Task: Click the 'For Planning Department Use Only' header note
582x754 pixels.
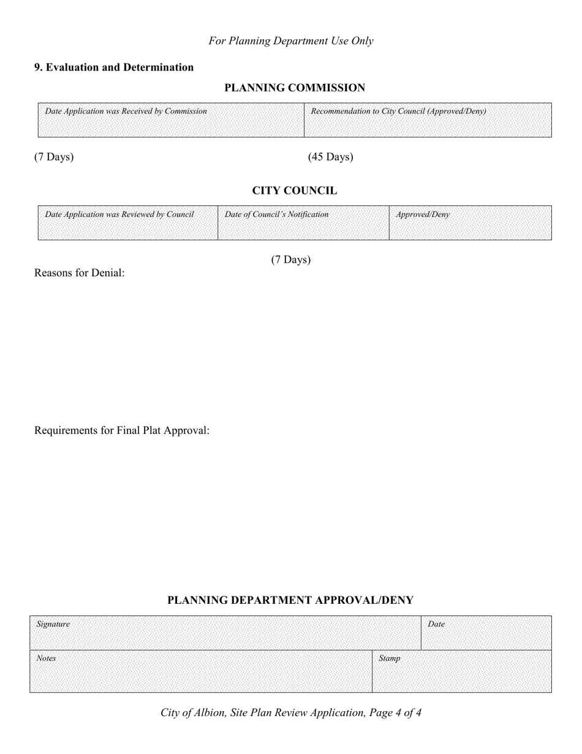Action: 290,41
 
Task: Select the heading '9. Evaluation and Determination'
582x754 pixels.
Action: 114,67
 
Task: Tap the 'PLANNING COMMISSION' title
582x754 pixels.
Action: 295,88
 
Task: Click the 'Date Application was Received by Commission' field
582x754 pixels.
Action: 171,121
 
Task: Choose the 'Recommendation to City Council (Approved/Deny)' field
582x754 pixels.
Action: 428,121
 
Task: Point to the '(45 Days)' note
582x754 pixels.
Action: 330,157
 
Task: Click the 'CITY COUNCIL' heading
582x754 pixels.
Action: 295,191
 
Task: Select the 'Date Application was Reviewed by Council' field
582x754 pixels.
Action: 127,224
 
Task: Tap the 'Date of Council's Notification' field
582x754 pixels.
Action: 303,224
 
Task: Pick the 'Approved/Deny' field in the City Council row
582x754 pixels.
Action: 470,224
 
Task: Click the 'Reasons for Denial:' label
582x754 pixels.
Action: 80,273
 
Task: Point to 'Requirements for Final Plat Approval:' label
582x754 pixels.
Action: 122,430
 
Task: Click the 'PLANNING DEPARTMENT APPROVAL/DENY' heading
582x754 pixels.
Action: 290,600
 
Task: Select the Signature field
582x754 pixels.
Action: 225,633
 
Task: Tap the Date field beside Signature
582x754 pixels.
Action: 486,633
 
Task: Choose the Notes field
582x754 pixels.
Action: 200,672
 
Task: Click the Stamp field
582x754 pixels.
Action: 461,672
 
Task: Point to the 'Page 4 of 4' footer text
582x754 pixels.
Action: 396,712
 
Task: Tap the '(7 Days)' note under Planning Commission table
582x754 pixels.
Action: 54,157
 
